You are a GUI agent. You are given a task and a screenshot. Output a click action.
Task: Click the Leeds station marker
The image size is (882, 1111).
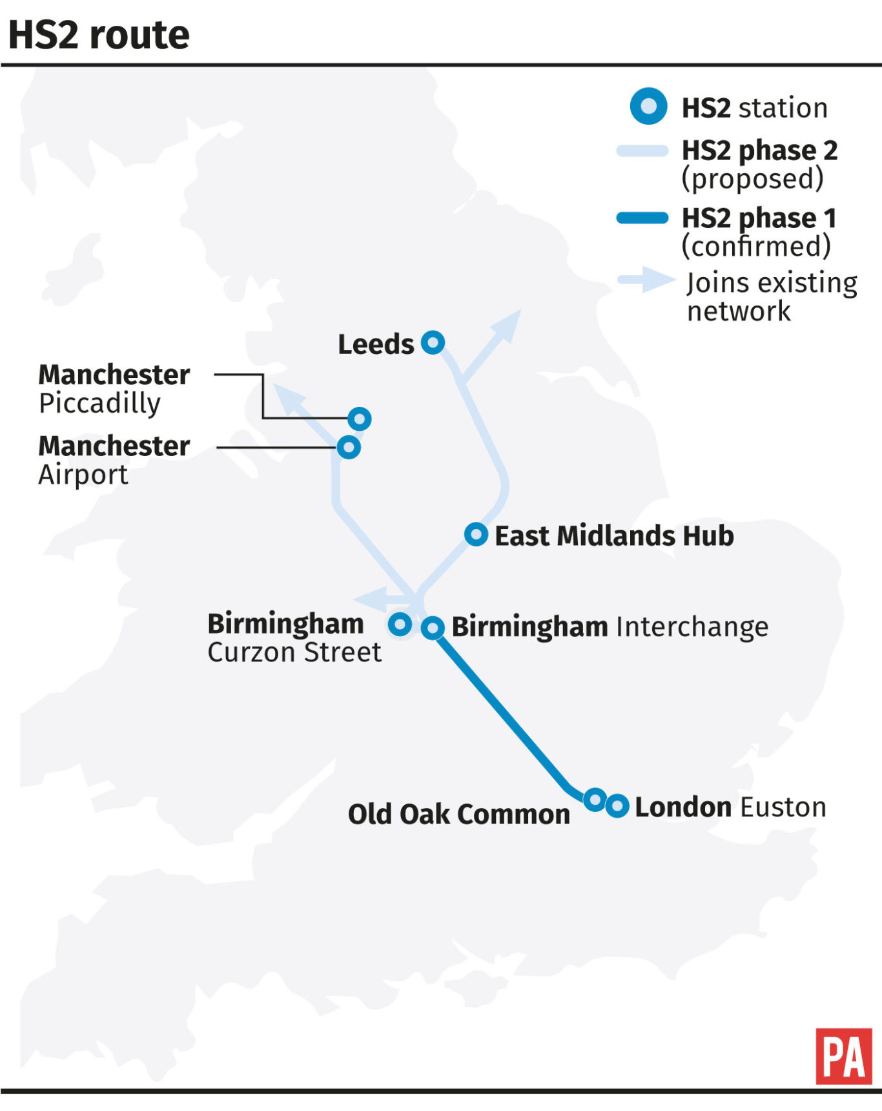(433, 342)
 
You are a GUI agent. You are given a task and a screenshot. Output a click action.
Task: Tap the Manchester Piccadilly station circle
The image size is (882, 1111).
(360, 419)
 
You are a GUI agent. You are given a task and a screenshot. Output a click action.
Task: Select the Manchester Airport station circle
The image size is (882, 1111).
(349, 447)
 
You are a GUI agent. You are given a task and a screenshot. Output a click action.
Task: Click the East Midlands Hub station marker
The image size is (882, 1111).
(476, 534)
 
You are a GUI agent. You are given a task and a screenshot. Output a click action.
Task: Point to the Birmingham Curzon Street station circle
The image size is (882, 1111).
(400, 624)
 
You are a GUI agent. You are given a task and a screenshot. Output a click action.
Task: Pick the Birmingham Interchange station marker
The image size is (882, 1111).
(433, 627)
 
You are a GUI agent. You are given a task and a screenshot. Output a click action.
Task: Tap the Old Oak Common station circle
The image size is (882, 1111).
(594, 800)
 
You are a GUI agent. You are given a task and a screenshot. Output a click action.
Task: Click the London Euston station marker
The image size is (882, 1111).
(617, 805)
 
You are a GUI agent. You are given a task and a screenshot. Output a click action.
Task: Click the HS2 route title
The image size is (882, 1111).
(99, 35)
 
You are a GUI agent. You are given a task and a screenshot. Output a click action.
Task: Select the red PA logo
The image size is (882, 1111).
(843, 1056)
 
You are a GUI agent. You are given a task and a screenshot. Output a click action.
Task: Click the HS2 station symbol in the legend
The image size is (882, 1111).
(648, 106)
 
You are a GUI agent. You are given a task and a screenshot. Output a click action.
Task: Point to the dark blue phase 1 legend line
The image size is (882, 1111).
(642, 218)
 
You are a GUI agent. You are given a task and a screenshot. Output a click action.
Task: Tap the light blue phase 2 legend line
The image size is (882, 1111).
(642, 151)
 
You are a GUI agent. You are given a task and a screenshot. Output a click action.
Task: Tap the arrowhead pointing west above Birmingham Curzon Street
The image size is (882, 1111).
(371, 599)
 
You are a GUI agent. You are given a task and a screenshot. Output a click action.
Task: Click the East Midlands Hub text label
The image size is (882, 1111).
(614, 535)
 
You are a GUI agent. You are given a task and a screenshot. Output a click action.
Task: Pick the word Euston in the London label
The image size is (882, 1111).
(783, 807)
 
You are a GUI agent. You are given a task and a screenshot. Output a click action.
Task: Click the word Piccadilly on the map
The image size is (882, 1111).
(99, 403)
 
